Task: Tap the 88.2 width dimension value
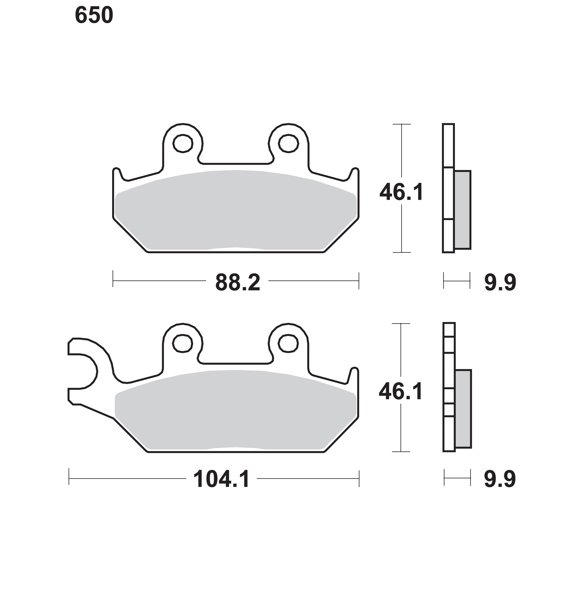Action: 237,283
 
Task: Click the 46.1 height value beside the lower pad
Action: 401,391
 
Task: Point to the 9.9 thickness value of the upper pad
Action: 500,283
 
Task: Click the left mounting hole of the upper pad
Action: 183,143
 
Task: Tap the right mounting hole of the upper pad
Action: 289,143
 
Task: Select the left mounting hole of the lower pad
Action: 182,343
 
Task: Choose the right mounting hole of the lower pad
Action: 288,343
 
